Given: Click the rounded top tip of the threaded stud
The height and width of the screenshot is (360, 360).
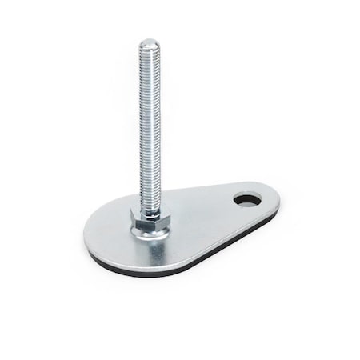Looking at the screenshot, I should [150, 42].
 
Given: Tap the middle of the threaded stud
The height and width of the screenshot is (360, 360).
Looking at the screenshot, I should [150, 128].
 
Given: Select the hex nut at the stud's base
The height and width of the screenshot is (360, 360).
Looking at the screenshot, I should [150, 220].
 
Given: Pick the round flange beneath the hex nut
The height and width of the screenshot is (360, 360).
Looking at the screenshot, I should [150, 233].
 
